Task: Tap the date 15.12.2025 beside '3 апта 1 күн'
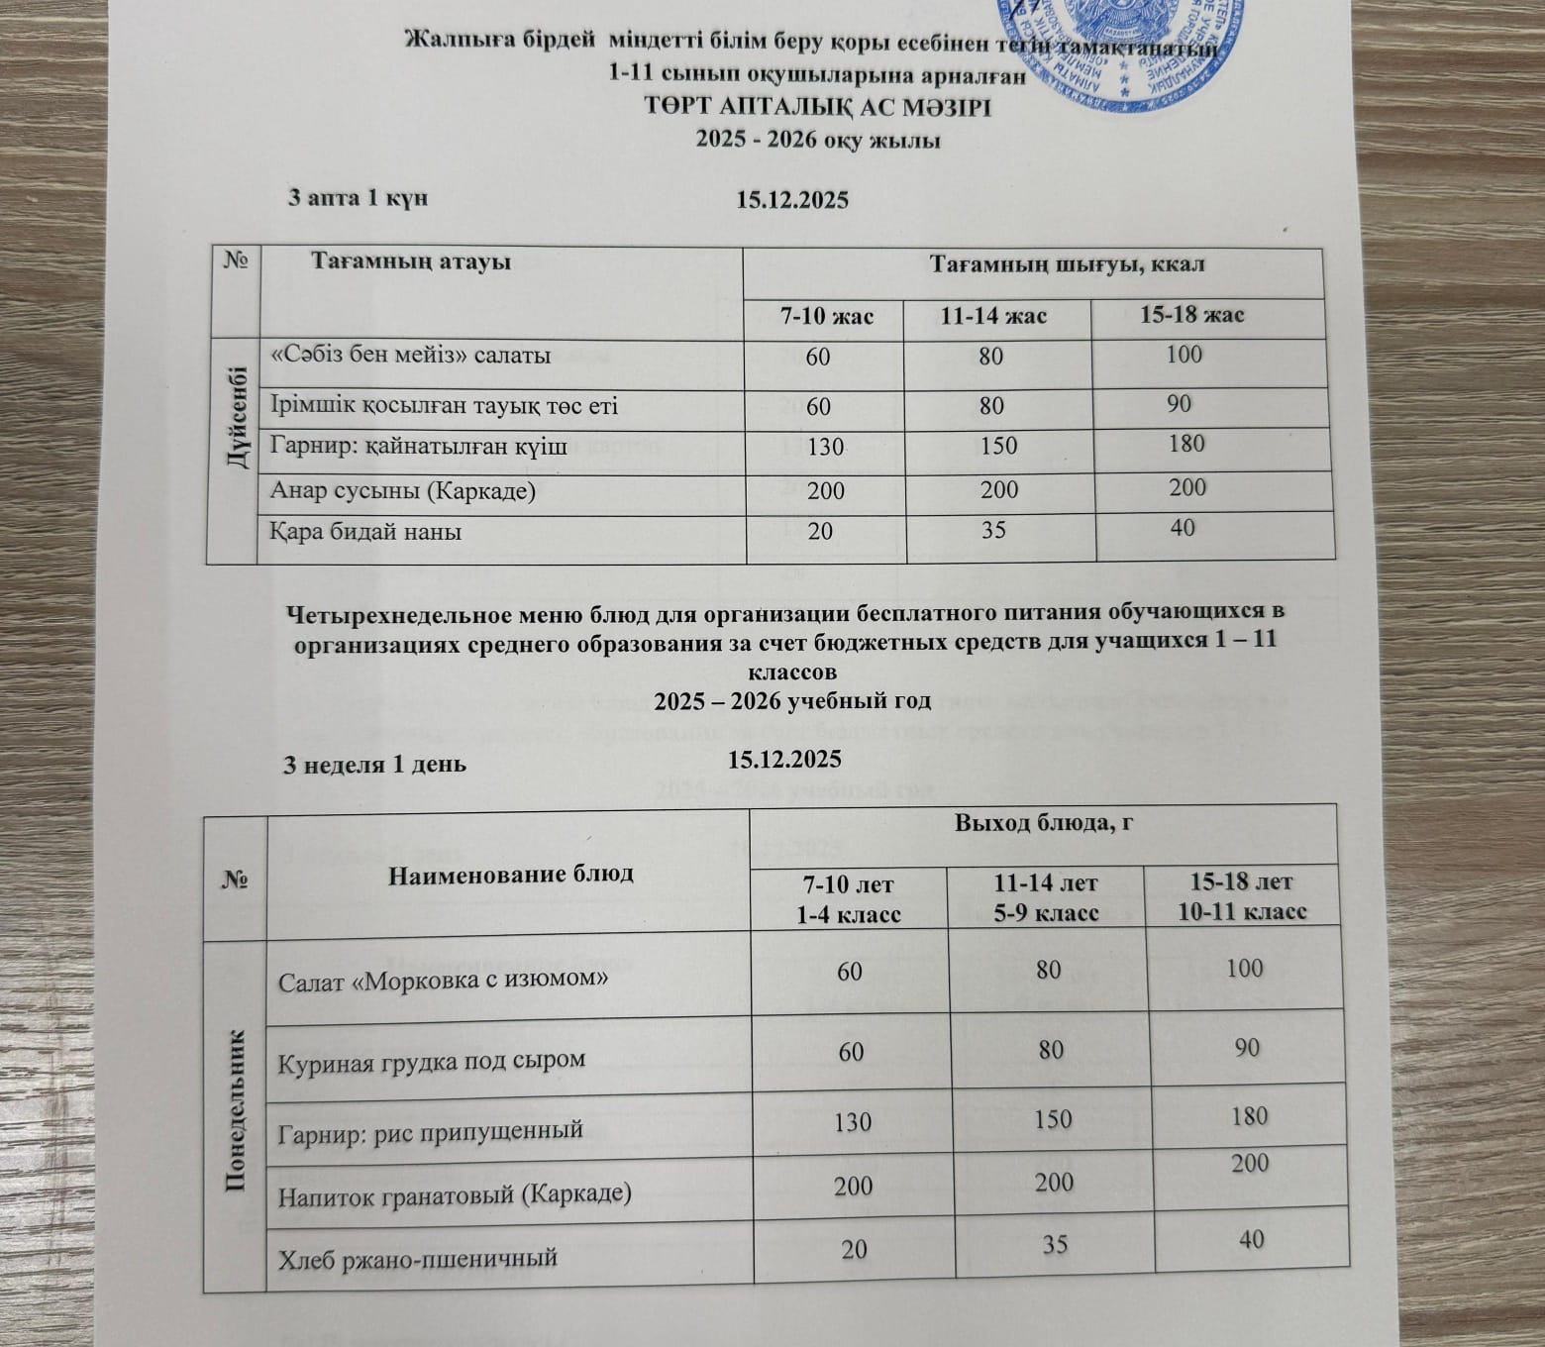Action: pos(792,199)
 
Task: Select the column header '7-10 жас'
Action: pos(826,316)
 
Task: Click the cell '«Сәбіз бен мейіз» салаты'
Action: pos(411,356)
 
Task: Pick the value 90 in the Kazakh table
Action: pos(1179,404)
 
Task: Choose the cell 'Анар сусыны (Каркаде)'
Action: pos(403,490)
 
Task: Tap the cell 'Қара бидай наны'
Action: pos(366,532)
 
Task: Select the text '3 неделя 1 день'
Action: pos(376,765)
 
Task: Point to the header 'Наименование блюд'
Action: pos(510,874)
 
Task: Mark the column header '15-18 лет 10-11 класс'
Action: pos(1241,897)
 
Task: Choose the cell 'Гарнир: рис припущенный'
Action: pos(431,1130)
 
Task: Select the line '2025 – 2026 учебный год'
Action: pos(792,701)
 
